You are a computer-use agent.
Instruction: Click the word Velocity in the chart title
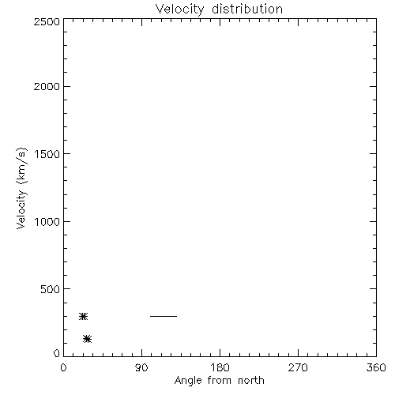[179, 9]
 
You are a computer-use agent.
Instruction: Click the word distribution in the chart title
[247, 9]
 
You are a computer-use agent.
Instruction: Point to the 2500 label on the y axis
[47, 21]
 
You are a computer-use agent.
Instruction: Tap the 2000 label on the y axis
[47, 86]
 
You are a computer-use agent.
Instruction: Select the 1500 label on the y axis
[47, 154]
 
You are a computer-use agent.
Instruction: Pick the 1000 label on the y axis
[47, 221]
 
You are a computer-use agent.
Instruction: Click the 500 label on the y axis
[51, 289]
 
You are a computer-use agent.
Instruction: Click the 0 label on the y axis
[57, 353]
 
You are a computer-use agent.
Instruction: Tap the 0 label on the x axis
[63, 367]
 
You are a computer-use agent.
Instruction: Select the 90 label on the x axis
[141, 367]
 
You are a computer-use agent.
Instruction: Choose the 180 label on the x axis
[220, 367]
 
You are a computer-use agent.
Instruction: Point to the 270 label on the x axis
[298, 367]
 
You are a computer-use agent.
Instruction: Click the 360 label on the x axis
[376, 367]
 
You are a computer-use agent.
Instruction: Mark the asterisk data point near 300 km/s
[83, 316]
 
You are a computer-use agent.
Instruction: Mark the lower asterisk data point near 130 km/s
[87, 339]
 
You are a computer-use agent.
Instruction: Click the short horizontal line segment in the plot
[164, 316]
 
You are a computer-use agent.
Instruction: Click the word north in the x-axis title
[251, 381]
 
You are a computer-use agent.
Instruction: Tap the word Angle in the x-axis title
[188, 381]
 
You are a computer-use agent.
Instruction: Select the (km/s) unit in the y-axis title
[21, 166]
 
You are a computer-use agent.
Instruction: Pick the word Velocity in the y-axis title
[21, 209]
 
